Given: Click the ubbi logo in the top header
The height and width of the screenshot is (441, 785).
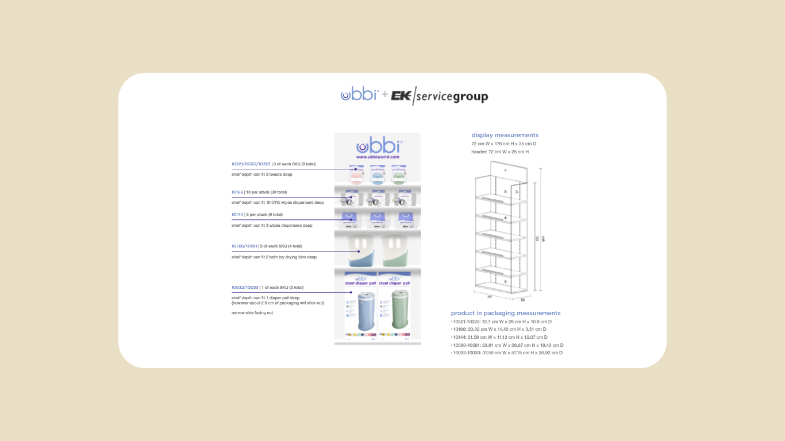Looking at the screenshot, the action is [x=359, y=94].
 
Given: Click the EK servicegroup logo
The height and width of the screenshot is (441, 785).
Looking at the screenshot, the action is [x=440, y=96].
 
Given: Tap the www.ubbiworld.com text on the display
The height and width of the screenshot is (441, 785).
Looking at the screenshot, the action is [x=378, y=157].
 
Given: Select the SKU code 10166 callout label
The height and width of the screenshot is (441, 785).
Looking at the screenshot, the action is [x=237, y=192].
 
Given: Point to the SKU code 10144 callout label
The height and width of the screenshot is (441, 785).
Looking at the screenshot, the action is [x=237, y=215].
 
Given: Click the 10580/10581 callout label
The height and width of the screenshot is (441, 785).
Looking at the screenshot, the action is [x=244, y=246].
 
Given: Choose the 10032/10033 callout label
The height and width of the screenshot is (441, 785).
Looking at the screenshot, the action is [x=245, y=288].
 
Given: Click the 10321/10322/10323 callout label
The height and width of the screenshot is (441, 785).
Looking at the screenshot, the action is [x=251, y=164].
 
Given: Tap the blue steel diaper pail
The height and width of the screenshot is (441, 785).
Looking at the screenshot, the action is [x=357, y=311].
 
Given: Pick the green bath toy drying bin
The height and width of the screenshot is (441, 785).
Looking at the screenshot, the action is [x=398, y=250].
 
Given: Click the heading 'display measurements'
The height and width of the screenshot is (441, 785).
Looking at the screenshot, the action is [x=505, y=136].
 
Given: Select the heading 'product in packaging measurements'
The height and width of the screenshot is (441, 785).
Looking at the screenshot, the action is [x=506, y=314].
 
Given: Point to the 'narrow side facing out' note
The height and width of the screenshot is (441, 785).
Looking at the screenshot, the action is [x=252, y=313].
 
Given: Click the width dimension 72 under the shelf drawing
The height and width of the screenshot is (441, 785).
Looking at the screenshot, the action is [x=490, y=297].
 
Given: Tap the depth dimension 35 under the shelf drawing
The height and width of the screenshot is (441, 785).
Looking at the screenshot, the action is [x=522, y=300].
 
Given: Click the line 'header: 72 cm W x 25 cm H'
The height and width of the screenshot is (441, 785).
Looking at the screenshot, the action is [x=500, y=152].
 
